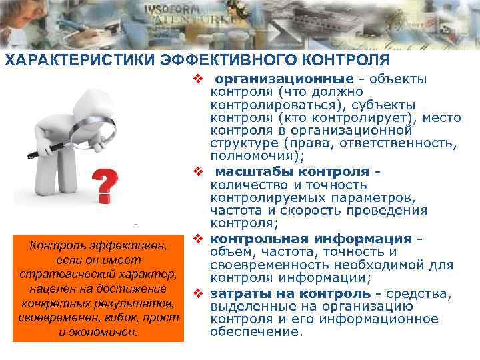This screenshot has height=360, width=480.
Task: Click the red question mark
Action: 102,186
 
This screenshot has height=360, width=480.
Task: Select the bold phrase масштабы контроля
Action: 294,172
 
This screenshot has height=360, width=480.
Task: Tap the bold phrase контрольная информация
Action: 311,239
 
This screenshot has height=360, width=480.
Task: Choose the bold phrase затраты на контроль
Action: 291,293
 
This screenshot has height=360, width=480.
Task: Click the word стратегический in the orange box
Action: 77,275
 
